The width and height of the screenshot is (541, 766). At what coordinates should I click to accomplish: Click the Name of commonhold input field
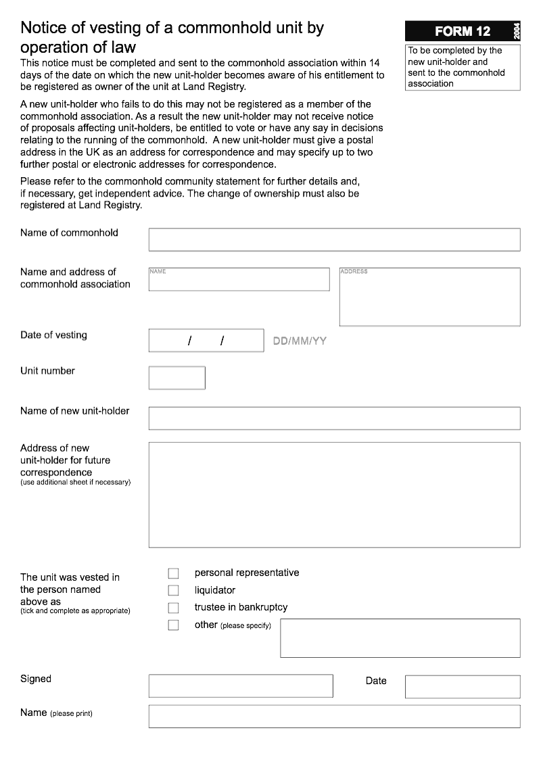[334, 239]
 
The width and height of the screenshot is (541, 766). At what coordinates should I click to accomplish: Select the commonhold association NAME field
[239, 279]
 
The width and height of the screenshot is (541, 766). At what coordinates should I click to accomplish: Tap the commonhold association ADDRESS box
[429, 297]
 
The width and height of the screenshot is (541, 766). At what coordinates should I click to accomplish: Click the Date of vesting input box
[206, 341]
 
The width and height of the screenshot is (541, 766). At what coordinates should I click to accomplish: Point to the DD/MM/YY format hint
[300, 341]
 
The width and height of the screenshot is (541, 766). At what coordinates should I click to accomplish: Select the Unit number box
[177, 378]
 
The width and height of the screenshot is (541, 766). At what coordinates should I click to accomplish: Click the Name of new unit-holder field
[334, 418]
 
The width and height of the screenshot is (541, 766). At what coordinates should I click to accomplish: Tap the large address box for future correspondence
[334, 494]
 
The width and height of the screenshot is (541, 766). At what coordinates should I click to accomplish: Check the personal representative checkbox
[174, 573]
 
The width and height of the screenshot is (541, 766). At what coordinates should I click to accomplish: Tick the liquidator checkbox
[174, 590]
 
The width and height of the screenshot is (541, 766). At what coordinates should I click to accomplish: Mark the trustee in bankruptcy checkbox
[174, 608]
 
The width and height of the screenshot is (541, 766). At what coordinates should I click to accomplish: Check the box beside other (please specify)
[174, 625]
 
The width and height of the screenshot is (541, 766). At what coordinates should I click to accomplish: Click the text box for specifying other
[400, 638]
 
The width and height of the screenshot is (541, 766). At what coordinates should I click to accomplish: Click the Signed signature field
[241, 686]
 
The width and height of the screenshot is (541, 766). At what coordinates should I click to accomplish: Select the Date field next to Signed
[463, 686]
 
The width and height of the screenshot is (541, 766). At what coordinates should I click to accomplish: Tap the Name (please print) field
[334, 716]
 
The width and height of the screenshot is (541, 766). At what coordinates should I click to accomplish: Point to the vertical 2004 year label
[517, 31]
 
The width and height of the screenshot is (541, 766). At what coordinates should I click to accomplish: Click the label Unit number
[47, 370]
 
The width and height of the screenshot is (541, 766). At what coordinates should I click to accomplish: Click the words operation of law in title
[78, 47]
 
